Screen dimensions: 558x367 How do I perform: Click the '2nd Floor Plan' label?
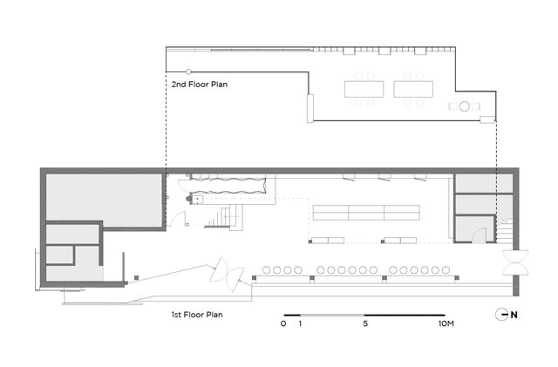pyautogui.click(x=200, y=85)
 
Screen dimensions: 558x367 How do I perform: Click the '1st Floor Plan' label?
pyautogui.click(x=197, y=315)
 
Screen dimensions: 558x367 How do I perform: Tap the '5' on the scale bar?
pyautogui.click(x=365, y=323)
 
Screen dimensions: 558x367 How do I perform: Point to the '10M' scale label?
pyautogui.click(x=446, y=323)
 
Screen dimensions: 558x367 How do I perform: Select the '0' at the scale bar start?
pyautogui.click(x=283, y=323)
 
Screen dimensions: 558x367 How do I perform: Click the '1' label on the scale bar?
pyautogui.click(x=300, y=323)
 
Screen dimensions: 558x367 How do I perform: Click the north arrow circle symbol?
pyautogui.click(x=502, y=315)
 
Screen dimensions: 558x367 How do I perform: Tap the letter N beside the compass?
pyautogui.click(x=514, y=315)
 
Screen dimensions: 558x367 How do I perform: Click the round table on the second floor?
pyautogui.click(x=464, y=106)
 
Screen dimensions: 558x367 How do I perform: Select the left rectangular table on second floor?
pyautogui.click(x=364, y=89)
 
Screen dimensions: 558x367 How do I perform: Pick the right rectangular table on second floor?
pyautogui.click(x=413, y=89)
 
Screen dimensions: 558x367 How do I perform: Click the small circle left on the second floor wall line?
pyautogui.click(x=188, y=71)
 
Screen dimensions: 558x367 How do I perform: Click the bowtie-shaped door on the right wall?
pyautogui.click(x=515, y=262)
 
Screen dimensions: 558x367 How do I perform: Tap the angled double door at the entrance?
pyautogui.click(x=227, y=275)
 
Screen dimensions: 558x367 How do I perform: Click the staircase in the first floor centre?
pyautogui.click(x=223, y=217)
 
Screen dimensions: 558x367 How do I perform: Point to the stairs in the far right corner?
pyautogui.click(x=505, y=231)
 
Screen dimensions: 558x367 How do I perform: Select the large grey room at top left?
pyautogui.click(x=105, y=200)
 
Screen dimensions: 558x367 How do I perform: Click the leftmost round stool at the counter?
pyautogui.click(x=266, y=270)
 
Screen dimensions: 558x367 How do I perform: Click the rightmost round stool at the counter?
pyautogui.click(x=446, y=270)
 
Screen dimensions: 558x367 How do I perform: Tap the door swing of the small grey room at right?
pyautogui.click(x=479, y=235)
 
